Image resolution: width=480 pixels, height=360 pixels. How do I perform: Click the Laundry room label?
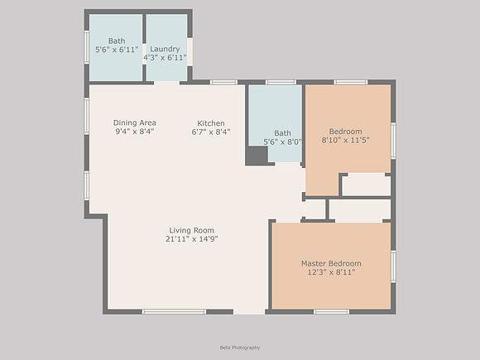coord(165,49)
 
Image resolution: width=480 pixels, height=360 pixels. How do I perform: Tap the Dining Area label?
coord(135,122)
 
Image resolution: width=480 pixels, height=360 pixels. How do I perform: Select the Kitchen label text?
coord(211,123)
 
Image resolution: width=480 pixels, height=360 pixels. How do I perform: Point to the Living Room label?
coord(192,231)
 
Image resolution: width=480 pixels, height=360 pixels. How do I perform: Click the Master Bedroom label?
coord(331,263)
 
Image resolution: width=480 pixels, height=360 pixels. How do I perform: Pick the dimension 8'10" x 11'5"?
coord(345,140)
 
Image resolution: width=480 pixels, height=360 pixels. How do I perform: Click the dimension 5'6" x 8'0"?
coord(282,142)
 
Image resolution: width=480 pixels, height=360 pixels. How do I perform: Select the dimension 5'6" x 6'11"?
coord(117,50)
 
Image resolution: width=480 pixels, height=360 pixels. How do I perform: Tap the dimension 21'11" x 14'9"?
coord(192,239)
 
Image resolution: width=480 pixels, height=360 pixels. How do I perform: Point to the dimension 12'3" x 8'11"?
coord(331,272)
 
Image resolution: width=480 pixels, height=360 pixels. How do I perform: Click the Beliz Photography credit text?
coord(240,348)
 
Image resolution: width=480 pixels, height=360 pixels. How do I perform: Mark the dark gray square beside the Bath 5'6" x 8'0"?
coord(257,156)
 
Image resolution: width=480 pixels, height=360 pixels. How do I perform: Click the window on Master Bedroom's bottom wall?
coord(332,312)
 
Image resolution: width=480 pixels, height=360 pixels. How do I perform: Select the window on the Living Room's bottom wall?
coord(174,312)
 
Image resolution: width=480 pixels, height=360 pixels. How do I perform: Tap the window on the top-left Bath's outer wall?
coord(87,47)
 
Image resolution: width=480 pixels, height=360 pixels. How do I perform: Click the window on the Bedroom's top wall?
coord(351,82)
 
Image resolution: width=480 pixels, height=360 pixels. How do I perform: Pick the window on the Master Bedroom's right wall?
coord(393,266)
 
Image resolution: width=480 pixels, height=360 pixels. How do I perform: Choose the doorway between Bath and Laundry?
coord(144,54)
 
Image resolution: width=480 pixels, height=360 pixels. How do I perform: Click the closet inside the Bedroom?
coord(366,185)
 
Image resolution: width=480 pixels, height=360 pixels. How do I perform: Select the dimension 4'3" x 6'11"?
coord(165,58)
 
